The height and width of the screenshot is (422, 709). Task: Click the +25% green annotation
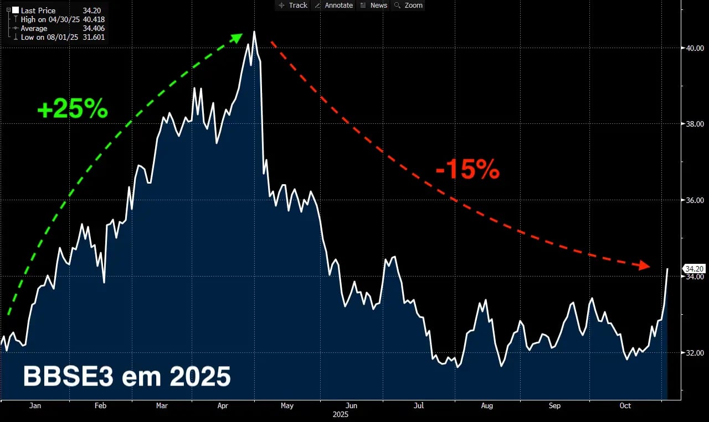pos(72,109)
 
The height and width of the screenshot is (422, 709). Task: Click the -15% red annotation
pos(467,170)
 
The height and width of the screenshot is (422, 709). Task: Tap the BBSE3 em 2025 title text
pos(127,377)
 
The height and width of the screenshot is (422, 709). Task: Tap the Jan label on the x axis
pos(35,405)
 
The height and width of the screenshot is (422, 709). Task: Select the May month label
pos(287,405)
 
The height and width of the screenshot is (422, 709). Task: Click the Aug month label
pos(487,405)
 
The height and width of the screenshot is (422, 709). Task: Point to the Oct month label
pos(625,405)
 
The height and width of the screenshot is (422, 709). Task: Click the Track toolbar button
pos(293,5)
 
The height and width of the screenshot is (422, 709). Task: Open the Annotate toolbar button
pos(333,5)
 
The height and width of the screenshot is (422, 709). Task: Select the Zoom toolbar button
pos(409,5)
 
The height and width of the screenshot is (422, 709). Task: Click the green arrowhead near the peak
pos(237,38)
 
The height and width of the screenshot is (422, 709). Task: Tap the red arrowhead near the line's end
pos(644,265)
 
